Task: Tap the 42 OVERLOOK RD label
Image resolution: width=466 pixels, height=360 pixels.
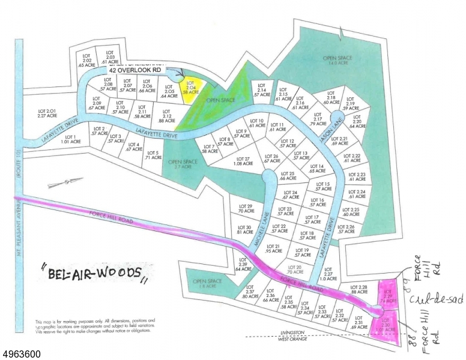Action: (135, 70)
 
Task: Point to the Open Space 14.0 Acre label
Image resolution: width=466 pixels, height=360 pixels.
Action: (337, 59)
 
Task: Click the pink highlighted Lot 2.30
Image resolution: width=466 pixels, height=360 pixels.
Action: (387, 325)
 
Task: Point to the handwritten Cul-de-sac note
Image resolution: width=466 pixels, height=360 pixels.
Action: (427, 300)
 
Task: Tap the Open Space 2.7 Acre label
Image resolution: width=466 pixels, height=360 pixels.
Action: (183, 164)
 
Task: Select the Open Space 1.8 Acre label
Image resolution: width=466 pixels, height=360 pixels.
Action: (207, 283)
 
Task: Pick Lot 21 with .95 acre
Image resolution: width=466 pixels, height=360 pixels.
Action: (273, 248)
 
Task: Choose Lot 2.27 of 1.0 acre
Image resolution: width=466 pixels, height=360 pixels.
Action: (328, 275)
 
